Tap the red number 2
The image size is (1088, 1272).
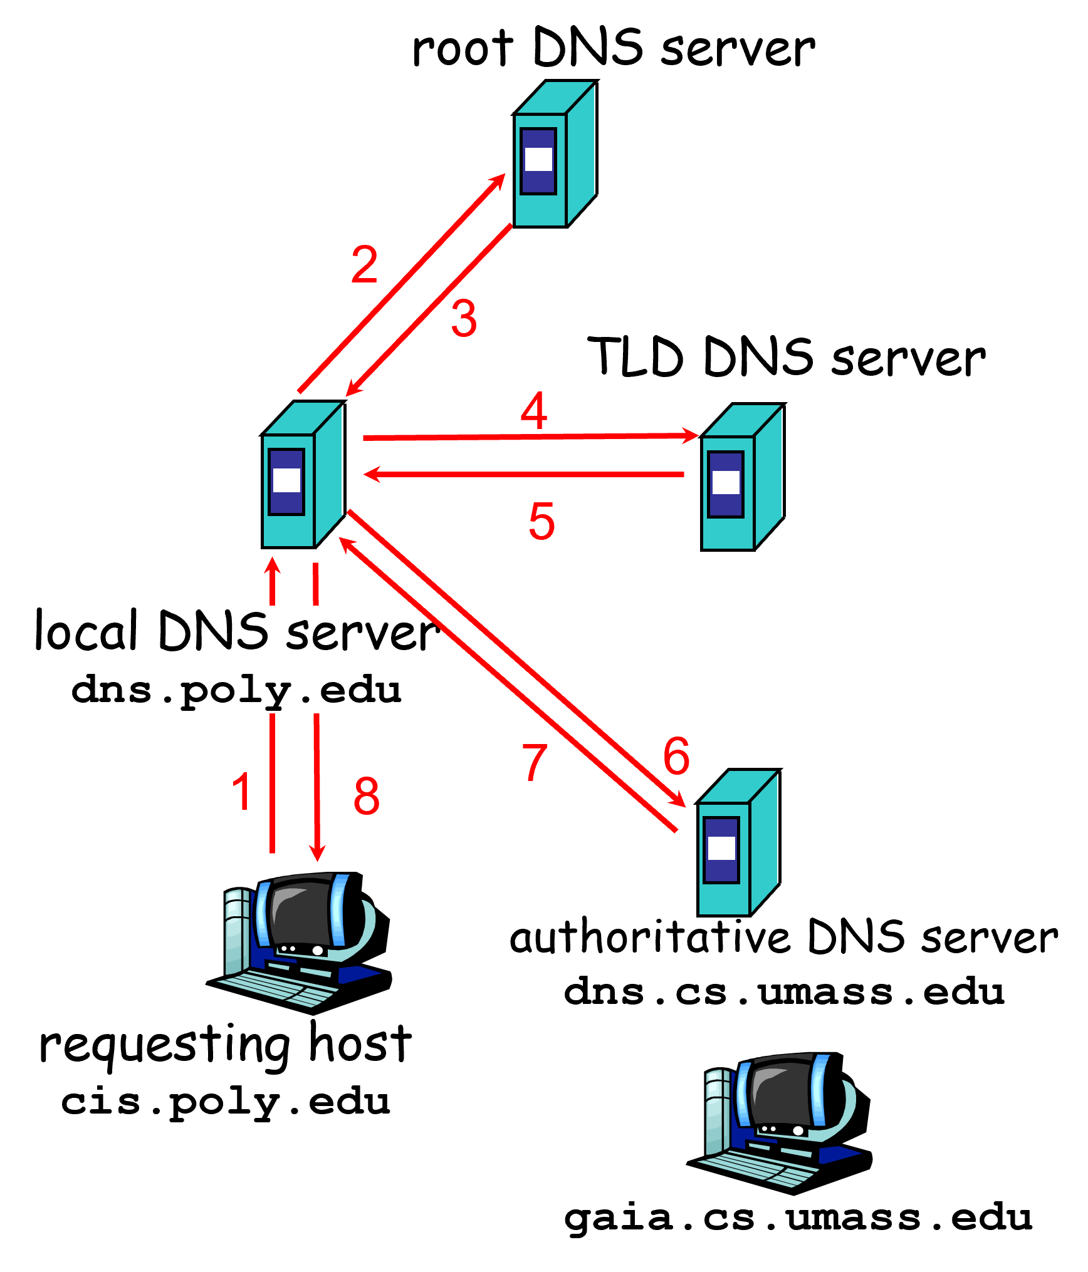364,264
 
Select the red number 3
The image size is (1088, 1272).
464,318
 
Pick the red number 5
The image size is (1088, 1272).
541,520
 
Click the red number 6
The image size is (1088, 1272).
676,755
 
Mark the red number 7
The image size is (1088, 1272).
535,762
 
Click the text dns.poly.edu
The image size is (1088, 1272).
236,690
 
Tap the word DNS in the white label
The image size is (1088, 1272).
213,631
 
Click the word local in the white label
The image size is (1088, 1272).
85,631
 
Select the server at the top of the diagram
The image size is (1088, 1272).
554,154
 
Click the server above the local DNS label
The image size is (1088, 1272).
303,475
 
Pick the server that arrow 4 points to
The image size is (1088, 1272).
742,477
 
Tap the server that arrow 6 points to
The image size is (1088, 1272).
738,843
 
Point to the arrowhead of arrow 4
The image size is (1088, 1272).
691,435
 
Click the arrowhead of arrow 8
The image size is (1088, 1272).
318,853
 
